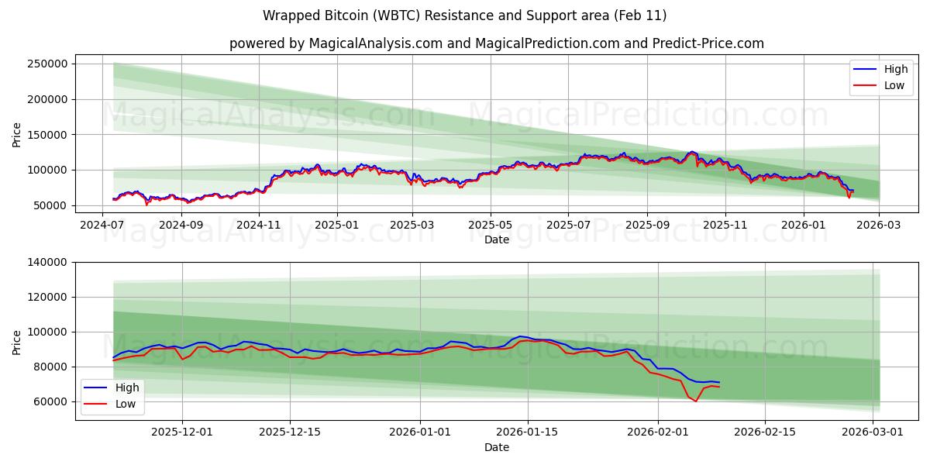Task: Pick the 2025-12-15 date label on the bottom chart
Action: (x=290, y=432)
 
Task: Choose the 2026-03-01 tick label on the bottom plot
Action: (x=873, y=432)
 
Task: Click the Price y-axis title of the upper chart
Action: (x=17, y=135)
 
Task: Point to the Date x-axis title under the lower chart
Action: (x=497, y=447)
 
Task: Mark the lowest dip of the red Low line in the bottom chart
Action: (x=695, y=401)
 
